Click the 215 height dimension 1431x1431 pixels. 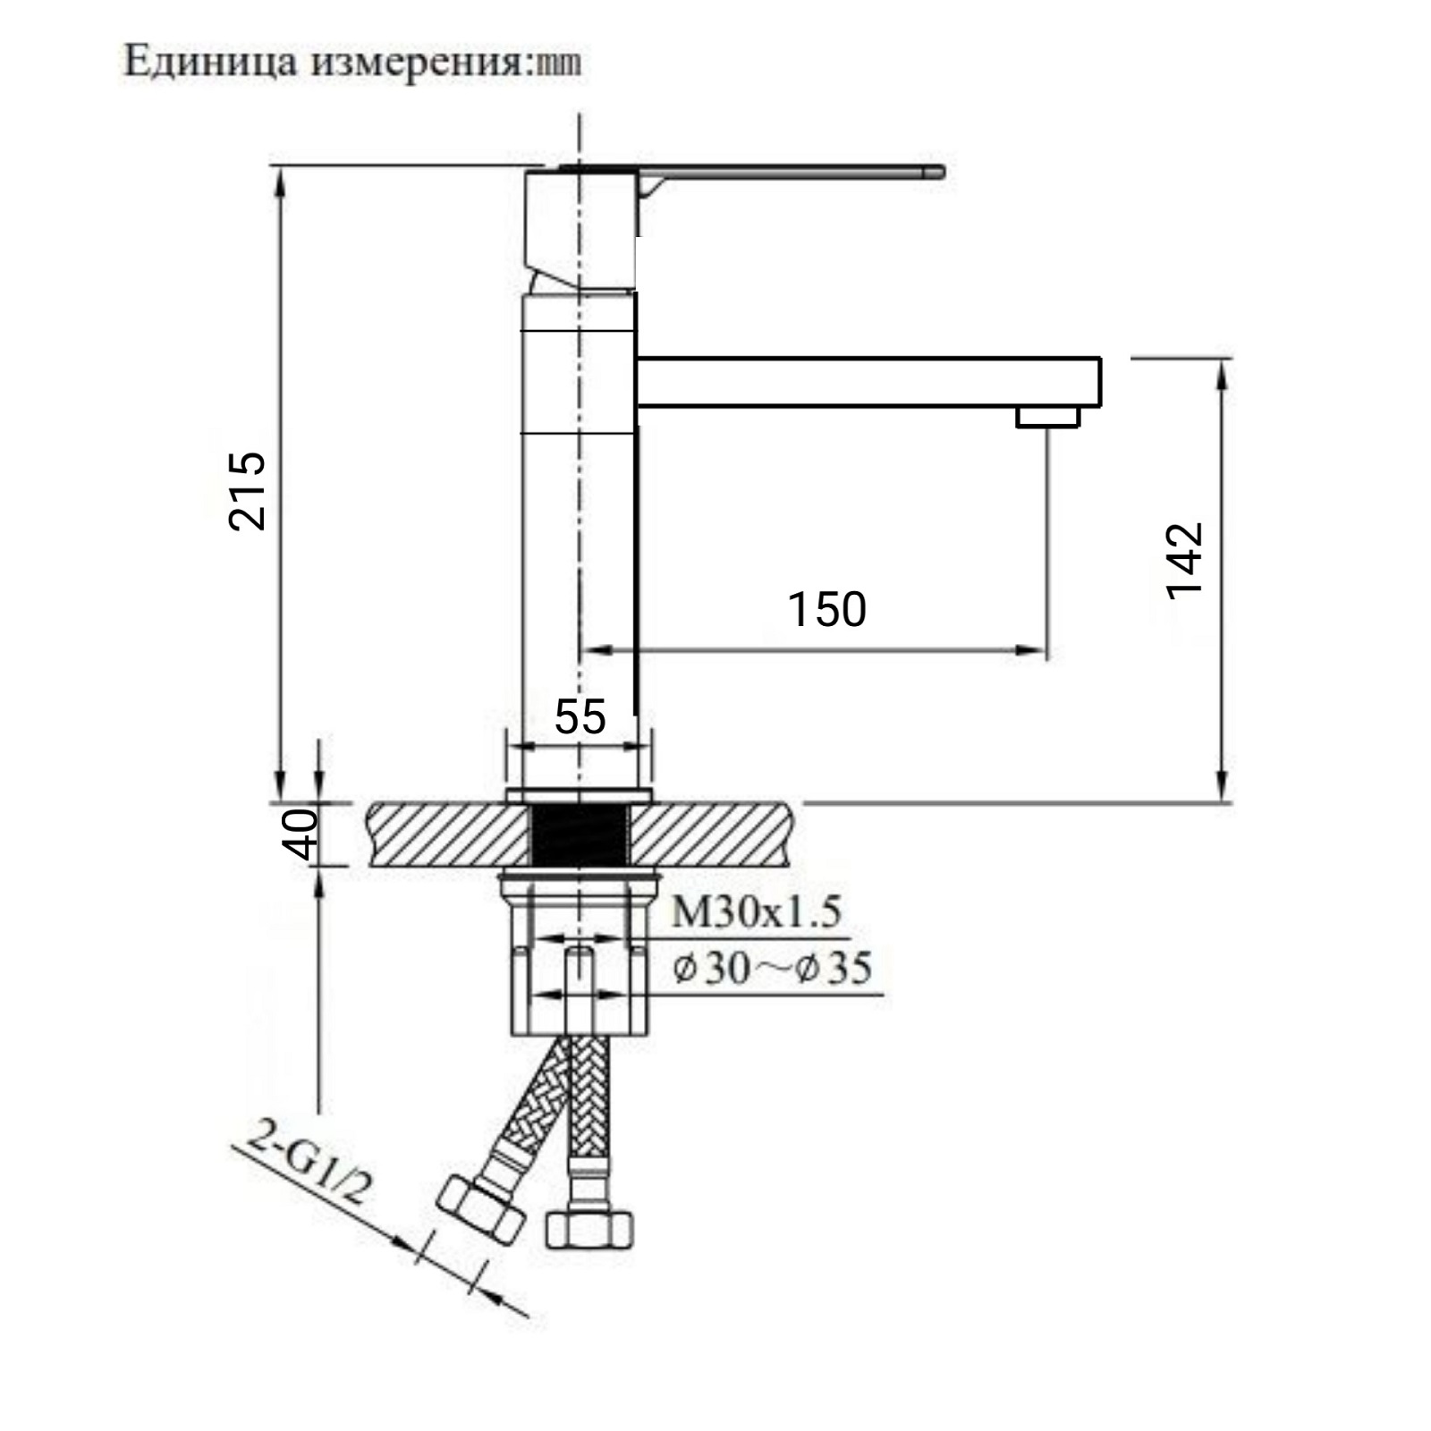[248, 491]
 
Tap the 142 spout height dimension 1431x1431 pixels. [1185, 561]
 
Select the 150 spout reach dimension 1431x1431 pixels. [826, 610]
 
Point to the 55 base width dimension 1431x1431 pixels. [580, 716]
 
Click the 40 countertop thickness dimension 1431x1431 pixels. [301, 834]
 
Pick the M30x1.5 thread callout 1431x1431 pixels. [756, 912]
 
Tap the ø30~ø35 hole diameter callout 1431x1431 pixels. [772, 969]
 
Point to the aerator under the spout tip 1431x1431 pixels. [1047, 417]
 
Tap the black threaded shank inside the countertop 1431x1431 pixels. [580, 835]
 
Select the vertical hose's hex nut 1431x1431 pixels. [588, 1229]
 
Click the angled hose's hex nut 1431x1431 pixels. [482, 1208]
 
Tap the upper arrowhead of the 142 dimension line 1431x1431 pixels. [1222, 371]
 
